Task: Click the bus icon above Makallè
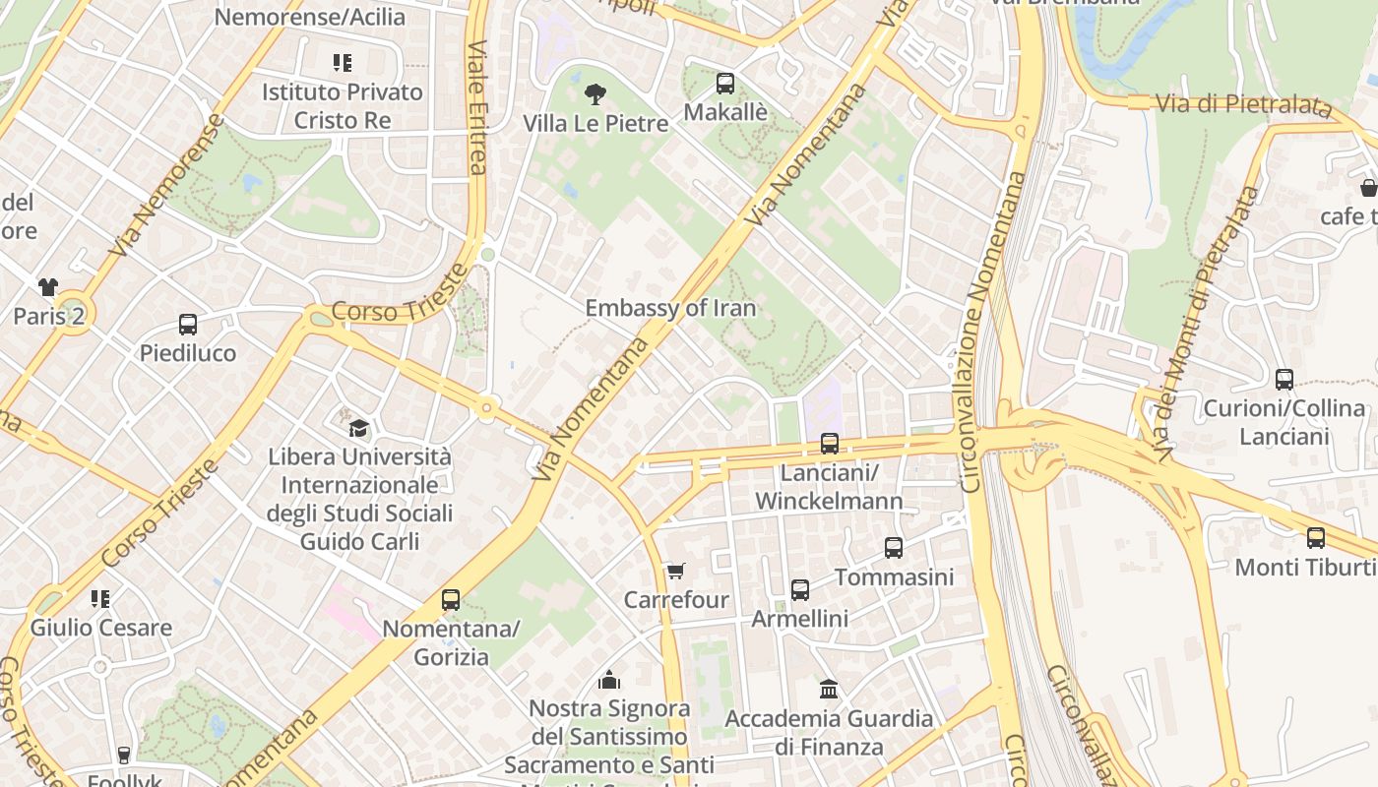click(725, 84)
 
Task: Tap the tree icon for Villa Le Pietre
click(595, 95)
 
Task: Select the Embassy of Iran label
click(670, 308)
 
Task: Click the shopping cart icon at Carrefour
click(675, 572)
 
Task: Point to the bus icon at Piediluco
click(187, 325)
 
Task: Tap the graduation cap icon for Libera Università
click(359, 429)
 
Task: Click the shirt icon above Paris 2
click(48, 287)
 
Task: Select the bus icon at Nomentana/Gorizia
click(450, 600)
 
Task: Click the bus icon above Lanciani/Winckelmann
click(829, 444)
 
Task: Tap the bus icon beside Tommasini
click(893, 548)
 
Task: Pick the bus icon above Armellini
click(799, 590)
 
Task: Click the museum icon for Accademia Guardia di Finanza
click(829, 690)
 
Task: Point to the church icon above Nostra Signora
click(609, 680)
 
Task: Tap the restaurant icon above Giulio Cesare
click(99, 599)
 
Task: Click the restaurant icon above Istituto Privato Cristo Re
click(342, 64)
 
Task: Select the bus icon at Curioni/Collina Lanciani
click(1284, 380)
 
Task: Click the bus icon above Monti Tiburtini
click(1315, 538)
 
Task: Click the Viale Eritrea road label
click(477, 107)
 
